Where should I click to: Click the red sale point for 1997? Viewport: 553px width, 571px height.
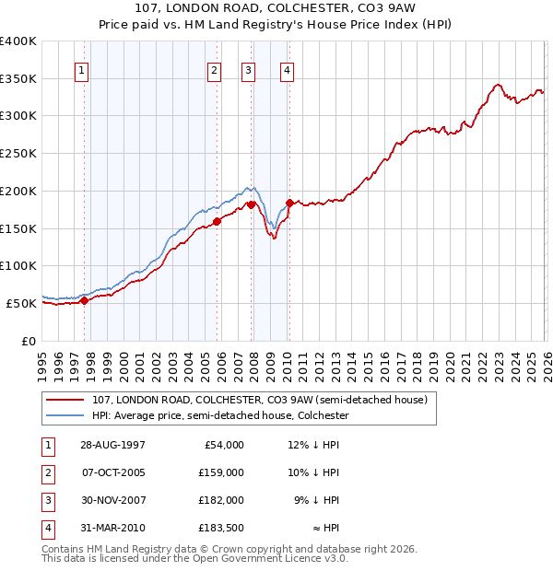[85, 299]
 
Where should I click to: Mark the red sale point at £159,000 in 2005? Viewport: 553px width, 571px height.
[218, 221]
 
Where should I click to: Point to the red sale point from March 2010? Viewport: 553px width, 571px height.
[289, 203]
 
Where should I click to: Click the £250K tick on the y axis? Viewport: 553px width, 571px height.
[18, 153]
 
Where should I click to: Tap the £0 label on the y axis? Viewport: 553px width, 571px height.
[29, 341]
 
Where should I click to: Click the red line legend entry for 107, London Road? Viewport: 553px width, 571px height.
[259, 401]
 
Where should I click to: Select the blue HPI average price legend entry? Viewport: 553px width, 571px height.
[220, 416]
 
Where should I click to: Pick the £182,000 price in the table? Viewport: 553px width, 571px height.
[222, 501]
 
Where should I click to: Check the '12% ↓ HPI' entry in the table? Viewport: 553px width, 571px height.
[313, 444]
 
